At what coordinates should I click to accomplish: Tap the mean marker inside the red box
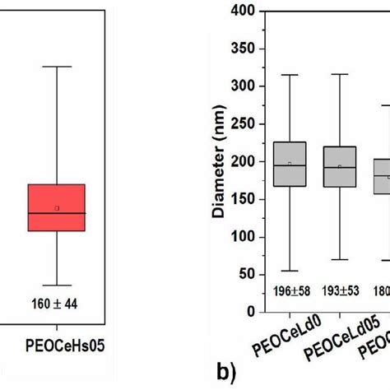coord(57,208)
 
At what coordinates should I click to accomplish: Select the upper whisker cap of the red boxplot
coord(57,66)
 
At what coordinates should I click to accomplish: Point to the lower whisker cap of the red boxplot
coord(57,285)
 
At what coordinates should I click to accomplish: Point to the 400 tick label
coord(242,11)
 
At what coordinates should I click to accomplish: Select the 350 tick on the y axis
coord(242,49)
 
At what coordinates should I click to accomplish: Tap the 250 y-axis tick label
coord(242,123)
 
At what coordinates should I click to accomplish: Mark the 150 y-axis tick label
coord(242,199)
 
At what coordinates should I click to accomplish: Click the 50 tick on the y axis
coord(245,275)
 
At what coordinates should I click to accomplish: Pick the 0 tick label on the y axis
coord(248,313)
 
